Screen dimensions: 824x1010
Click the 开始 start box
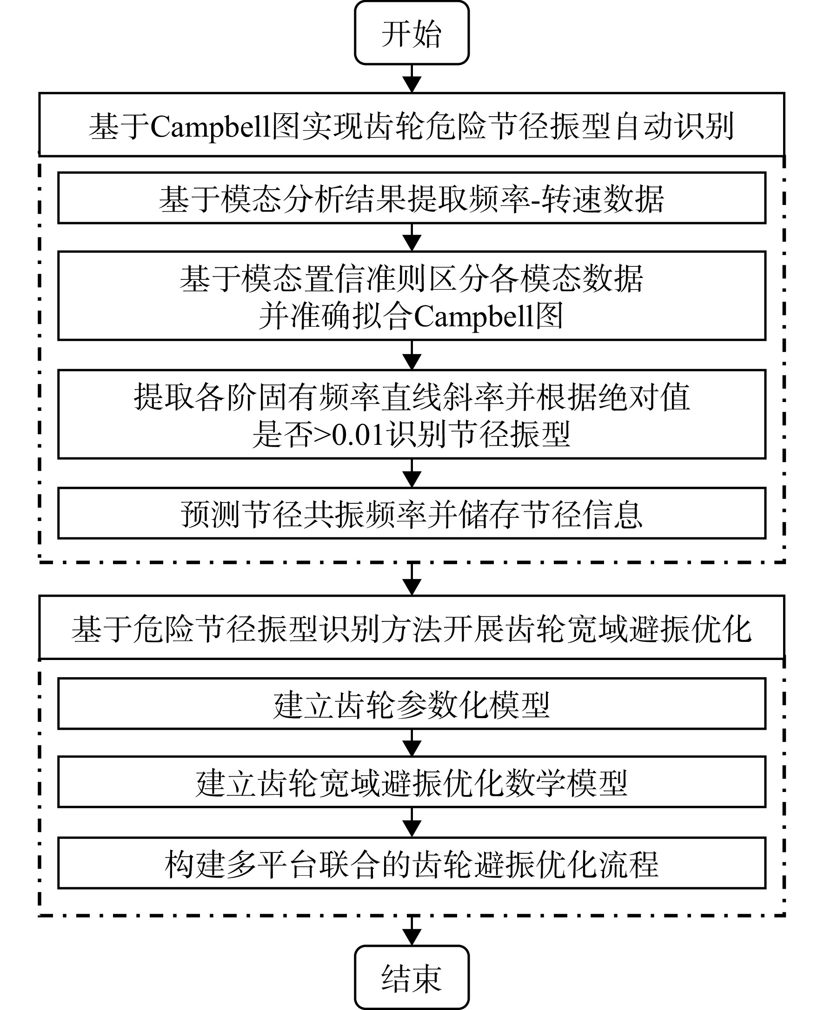point(412,33)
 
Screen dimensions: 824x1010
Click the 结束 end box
point(412,977)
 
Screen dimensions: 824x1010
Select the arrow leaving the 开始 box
point(412,79)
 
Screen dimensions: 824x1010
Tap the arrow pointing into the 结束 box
point(412,931)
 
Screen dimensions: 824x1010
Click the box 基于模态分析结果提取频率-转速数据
point(412,198)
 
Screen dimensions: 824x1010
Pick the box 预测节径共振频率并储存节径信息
point(412,513)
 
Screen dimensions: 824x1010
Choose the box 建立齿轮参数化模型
point(412,704)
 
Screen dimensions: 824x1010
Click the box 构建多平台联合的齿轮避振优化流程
point(412,863)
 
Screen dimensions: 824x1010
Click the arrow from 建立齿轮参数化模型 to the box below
point(412,743)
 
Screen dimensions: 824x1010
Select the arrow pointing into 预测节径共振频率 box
point(412,474)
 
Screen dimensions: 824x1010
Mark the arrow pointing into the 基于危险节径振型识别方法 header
point(412,579)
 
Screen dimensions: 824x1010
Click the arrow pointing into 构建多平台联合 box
point(412,822)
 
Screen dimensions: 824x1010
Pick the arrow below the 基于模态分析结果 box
point(412,237)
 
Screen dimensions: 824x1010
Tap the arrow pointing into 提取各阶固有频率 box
point(412,355)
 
